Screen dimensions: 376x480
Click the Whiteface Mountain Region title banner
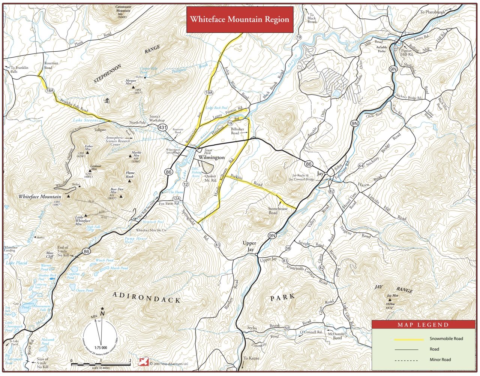240,19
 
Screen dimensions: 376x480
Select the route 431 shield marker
163,128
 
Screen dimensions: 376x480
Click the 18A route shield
49,91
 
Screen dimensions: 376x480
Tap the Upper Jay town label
249,246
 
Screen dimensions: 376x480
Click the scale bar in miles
100,364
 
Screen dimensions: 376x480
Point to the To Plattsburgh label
432,12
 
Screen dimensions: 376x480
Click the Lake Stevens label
87,120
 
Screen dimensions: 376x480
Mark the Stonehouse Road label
278,210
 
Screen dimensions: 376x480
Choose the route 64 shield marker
361,166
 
